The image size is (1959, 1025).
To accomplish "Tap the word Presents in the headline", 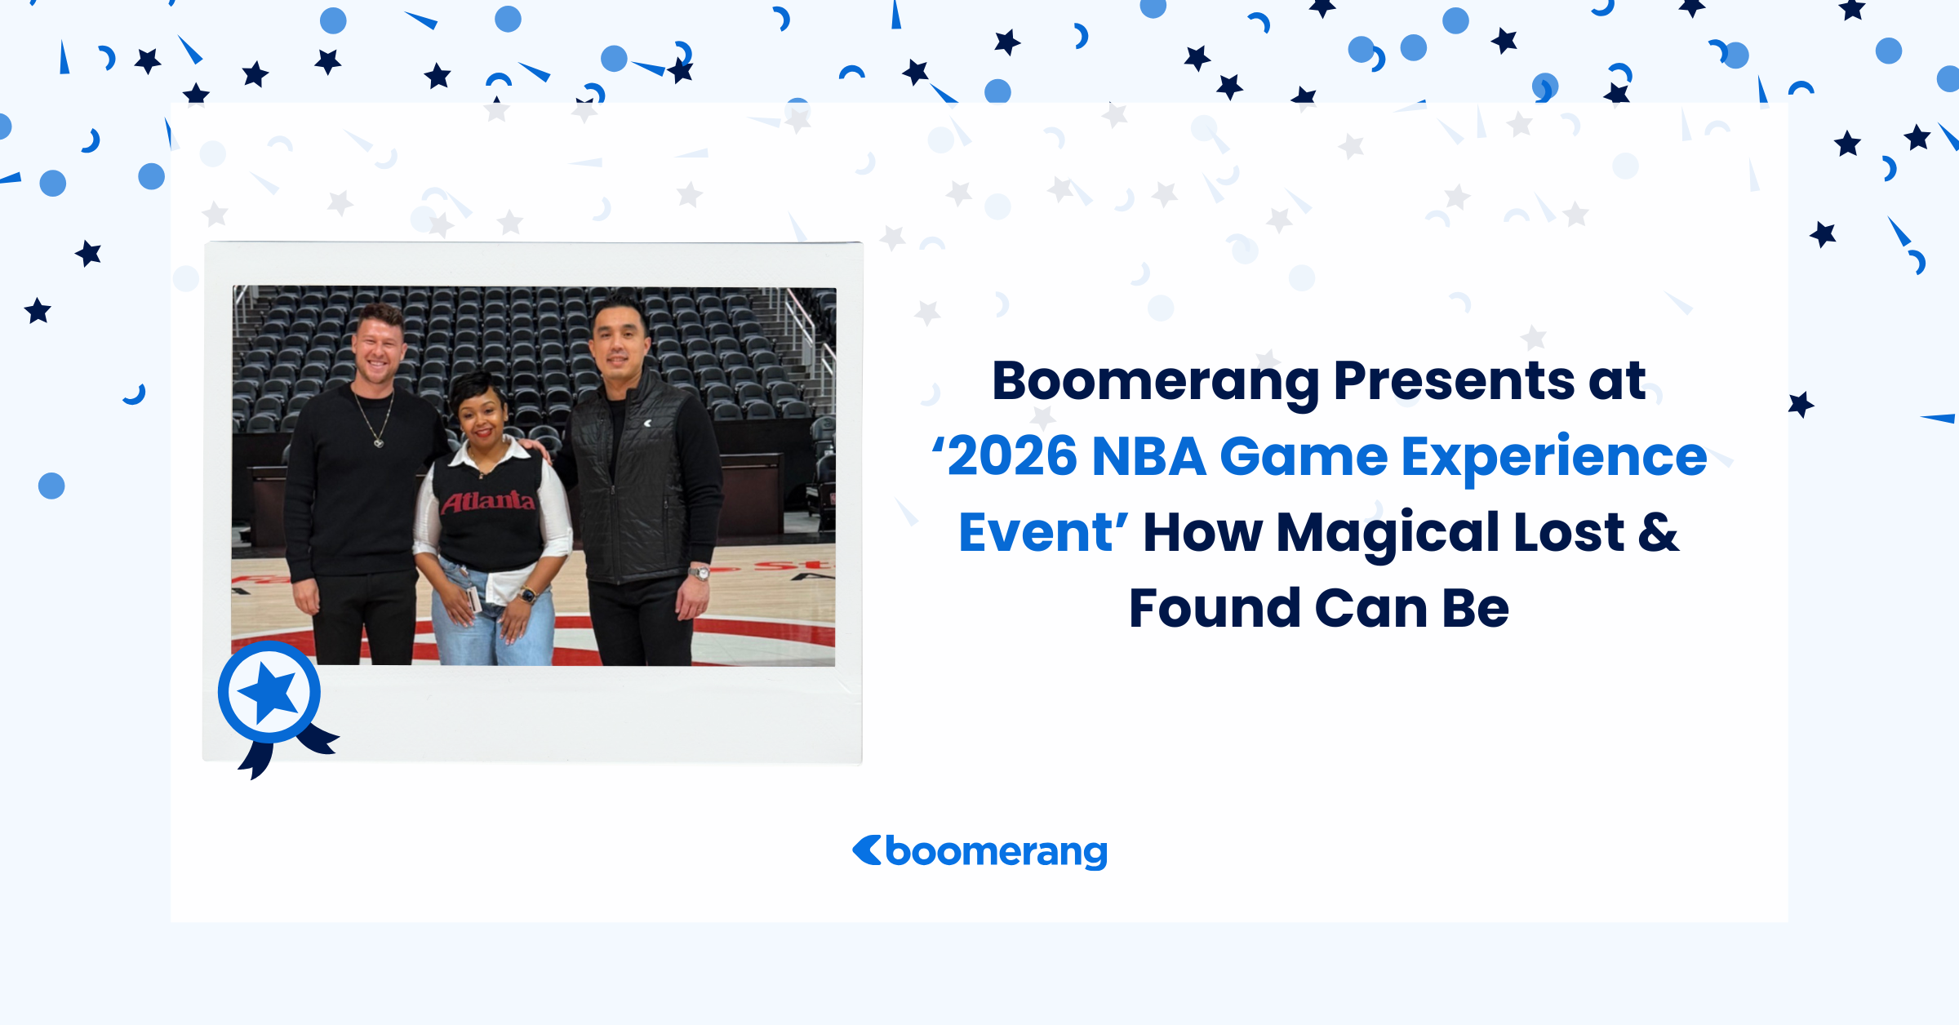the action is click(x=1454, y=380).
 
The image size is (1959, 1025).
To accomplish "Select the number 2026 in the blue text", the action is click(x=1012, y=456).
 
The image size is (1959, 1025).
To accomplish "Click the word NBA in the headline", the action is click(x=1148, y=456).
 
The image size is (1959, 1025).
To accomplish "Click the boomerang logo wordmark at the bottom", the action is click(x=996, y=853).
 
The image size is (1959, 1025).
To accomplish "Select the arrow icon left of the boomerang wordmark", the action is click(x=866, y=850).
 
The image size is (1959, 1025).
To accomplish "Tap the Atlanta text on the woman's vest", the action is click(x=488, y=500).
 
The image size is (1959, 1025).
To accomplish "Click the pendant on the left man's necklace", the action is click(x=379, y=443).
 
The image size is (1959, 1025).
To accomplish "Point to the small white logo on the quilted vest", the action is click(x=647, y=423).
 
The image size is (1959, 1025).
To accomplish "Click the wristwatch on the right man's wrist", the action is click(x=699, y=573).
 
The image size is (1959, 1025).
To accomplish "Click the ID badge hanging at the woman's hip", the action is click(x=473, y=598).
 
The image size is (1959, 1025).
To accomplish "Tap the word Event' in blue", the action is click(x=1043, y=533).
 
